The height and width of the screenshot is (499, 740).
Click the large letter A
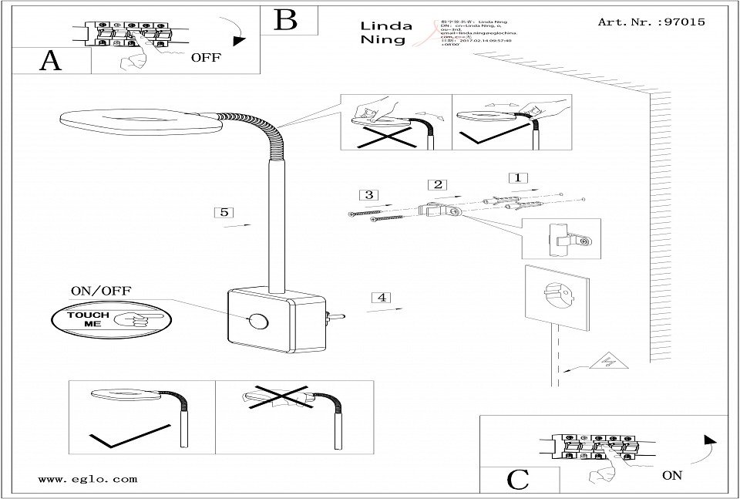click(51, 61)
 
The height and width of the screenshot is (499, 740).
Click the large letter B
click(286, 19)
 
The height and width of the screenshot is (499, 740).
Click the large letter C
click(518, 479)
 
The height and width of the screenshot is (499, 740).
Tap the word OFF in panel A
click(204, 56)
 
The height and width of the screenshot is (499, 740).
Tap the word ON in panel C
click(671, 475)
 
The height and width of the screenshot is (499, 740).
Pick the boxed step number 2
click(437, 184)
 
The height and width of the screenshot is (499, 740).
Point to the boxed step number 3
click(369, 194)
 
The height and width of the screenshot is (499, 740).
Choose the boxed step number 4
click(382, 298)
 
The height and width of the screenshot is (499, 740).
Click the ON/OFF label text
click(101, 291)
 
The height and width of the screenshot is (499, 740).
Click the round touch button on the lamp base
click(257, 319)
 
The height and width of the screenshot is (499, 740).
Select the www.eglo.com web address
click(87, 478)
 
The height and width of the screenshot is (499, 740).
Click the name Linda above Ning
click(386, 25)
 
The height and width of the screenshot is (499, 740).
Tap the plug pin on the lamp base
click(338, 316)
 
